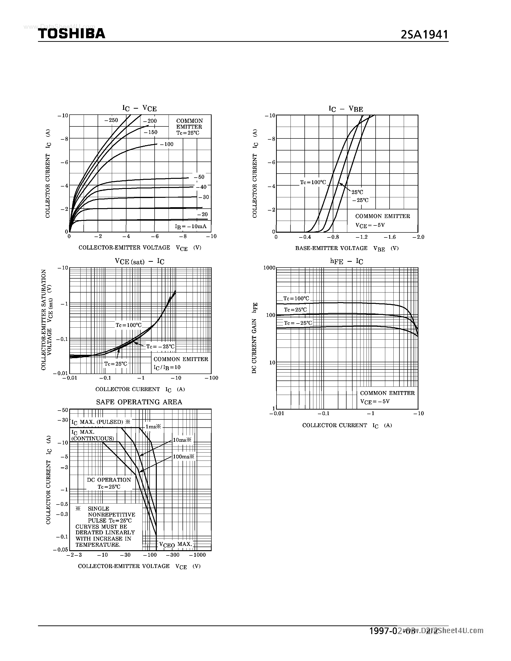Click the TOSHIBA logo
click(x=72, y=33)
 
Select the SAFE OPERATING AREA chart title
click(x=139, y=402)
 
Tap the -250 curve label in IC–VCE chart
click(x=111, y=120)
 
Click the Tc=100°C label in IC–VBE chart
click(x=313, y=182)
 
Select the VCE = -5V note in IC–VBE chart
click(x=370, y=225)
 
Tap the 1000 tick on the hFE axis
click(x=269, y=268)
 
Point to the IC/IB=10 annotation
click(x=167, y=367)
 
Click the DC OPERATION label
click(x=109, y=480)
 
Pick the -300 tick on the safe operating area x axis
click(x=173, y=555)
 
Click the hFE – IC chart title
click(x=346, y=261)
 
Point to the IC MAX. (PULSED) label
click(x=101, y=422)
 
